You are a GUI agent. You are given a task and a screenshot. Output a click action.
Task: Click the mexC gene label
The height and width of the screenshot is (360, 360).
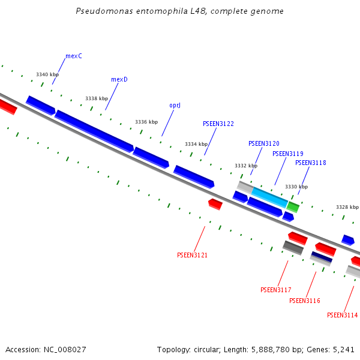point(74,56)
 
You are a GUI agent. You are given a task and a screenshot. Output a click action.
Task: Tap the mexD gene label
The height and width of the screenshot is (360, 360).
point(119,79)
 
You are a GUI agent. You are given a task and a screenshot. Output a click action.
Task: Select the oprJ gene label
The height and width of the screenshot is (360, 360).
point(175,106)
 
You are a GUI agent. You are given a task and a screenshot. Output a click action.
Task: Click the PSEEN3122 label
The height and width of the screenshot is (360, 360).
point(218,124)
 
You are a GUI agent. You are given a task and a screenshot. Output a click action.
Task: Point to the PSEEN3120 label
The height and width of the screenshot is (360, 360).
point(264,144)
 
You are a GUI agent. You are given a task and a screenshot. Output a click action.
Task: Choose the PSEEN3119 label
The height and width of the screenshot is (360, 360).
point(288,154)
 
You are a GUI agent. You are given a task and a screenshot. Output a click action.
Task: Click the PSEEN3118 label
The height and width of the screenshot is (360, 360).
point(311,163)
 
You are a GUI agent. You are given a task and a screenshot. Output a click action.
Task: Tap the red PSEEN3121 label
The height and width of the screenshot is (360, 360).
point(193,256)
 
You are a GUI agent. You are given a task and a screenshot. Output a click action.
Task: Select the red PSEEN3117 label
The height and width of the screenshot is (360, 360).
point(276,290)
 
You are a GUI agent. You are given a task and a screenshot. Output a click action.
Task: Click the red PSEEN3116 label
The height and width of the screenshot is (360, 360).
point(305,301)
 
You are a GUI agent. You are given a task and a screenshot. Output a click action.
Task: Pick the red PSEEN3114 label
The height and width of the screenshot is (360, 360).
point(343,316)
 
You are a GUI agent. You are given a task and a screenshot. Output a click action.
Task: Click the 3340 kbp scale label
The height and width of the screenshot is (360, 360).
point(47,75)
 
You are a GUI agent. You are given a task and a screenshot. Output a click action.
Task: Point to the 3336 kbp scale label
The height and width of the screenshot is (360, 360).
point(146,122)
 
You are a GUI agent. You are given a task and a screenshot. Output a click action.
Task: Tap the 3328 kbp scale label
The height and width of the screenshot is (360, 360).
point(347,207)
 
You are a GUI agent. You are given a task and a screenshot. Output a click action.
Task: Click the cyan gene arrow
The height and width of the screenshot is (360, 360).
point(269,197)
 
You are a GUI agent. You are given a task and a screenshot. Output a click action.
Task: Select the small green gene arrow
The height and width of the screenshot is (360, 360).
point(293,207)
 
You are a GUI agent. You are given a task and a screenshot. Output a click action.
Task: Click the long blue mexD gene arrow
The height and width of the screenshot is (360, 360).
point(94,131)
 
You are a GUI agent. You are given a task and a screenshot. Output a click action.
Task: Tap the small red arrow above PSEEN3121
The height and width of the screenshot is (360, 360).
point(215,204)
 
